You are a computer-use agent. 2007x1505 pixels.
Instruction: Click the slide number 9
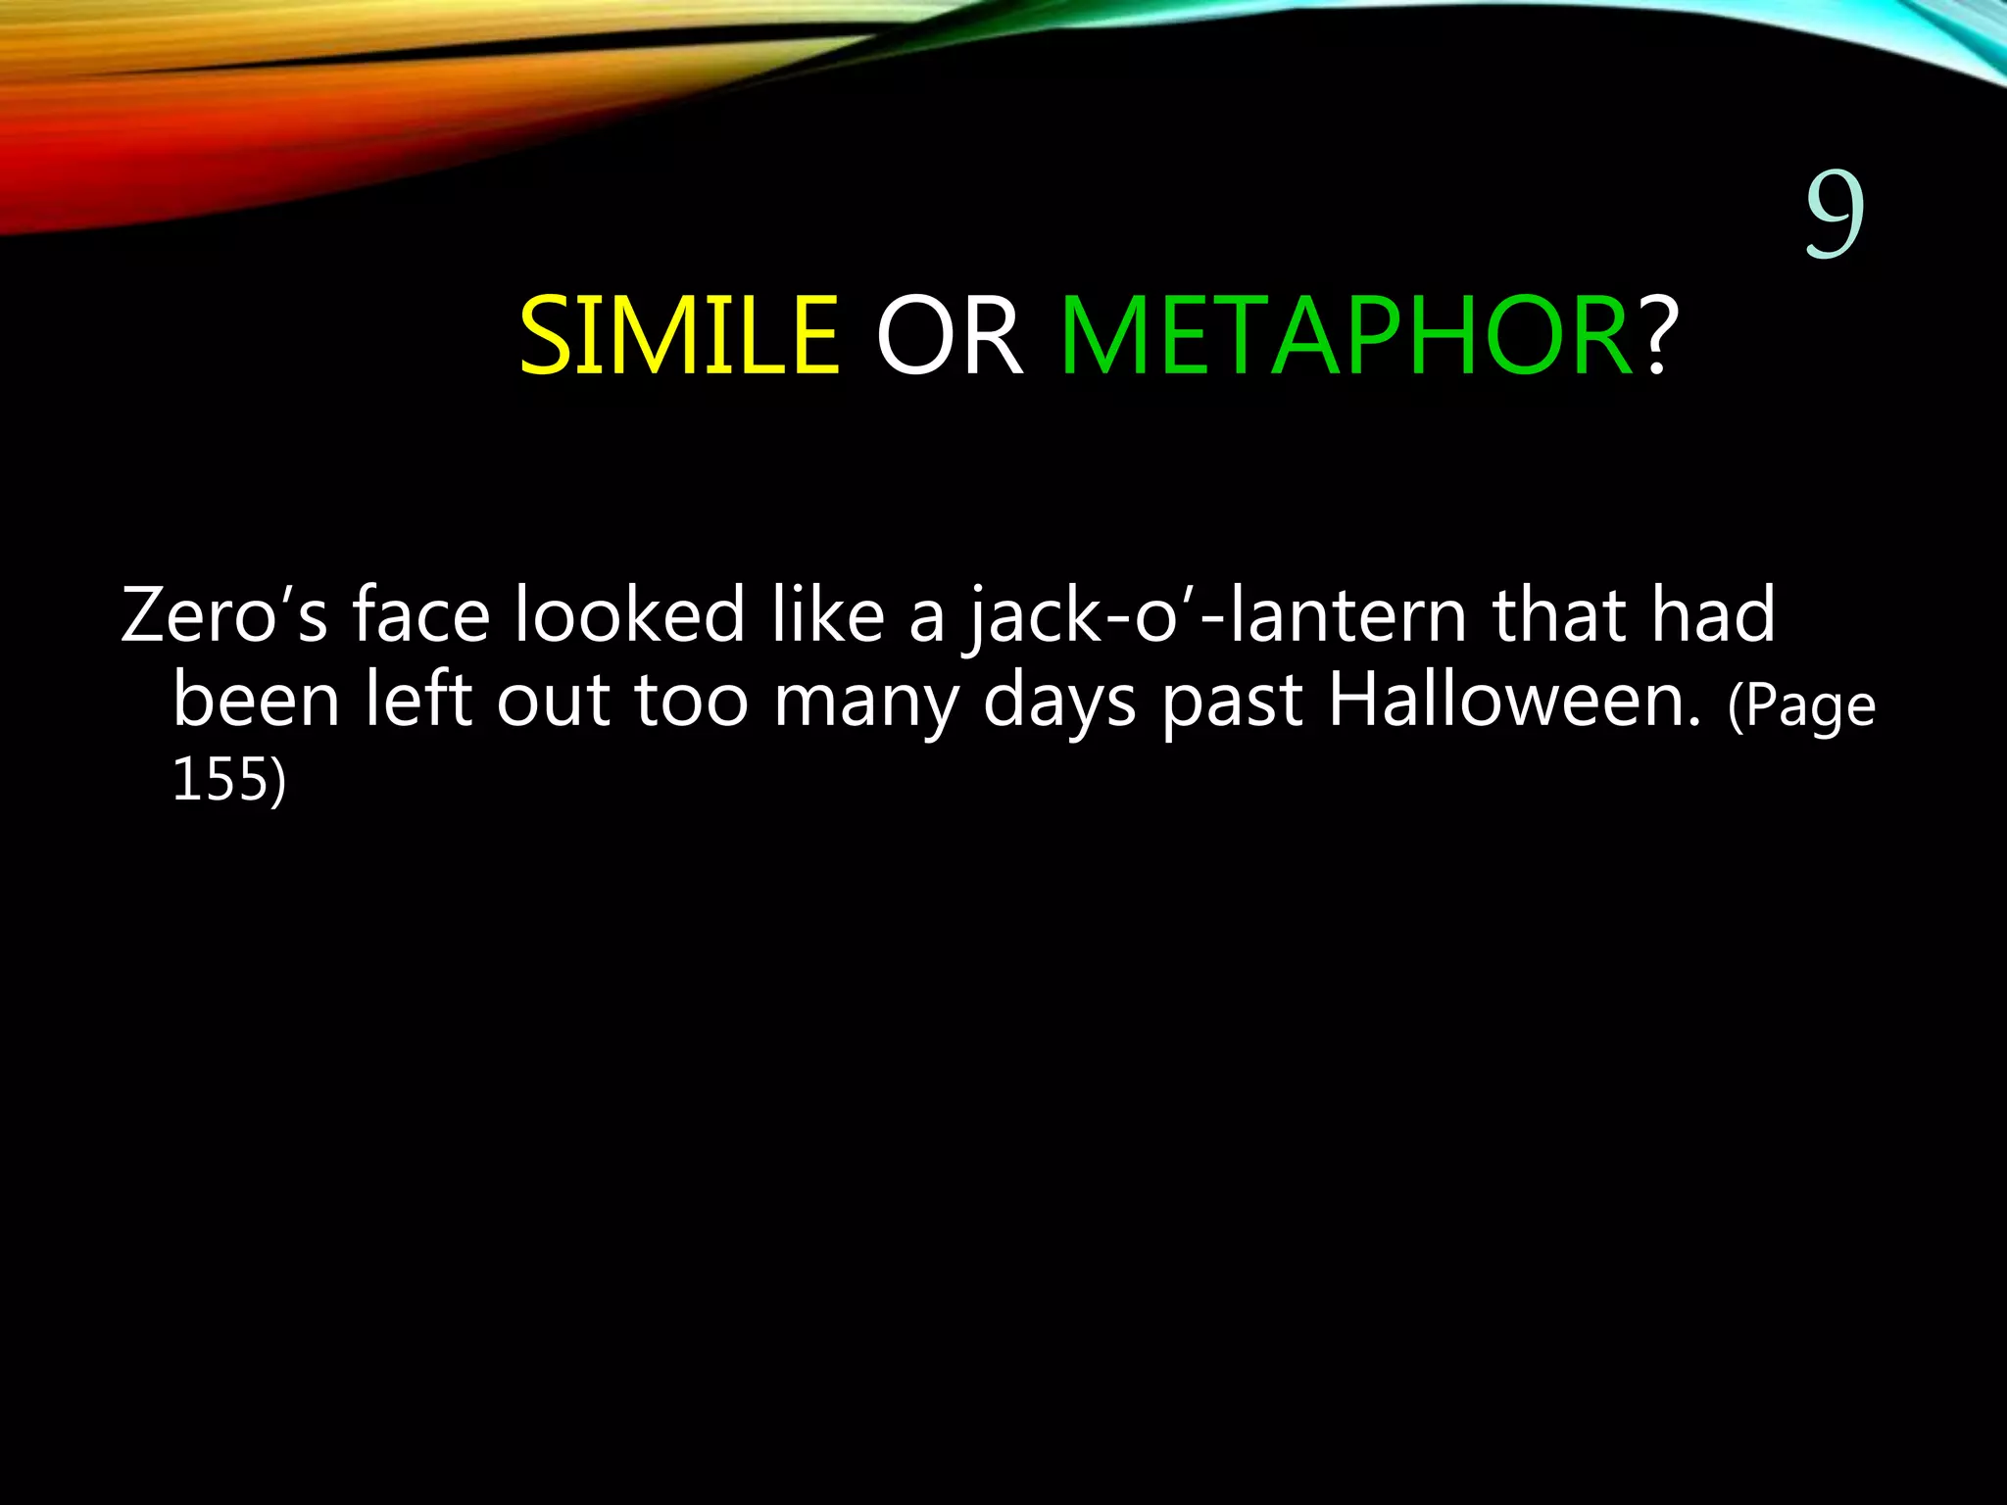pyautogui.click(x=1835, y=214)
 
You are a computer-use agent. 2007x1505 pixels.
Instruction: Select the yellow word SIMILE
pyautogui.click(x=679, y=337)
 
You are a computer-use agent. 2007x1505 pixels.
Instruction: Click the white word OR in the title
pyautogui.click(x=949, y=337)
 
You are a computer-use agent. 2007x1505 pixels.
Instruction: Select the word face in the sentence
pyautogui.click(x=420, y=615)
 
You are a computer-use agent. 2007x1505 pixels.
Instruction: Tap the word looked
pyautogui.click(x=629, y=615)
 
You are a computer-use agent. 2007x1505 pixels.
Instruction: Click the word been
pyautogui.click(x=256, y=701)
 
